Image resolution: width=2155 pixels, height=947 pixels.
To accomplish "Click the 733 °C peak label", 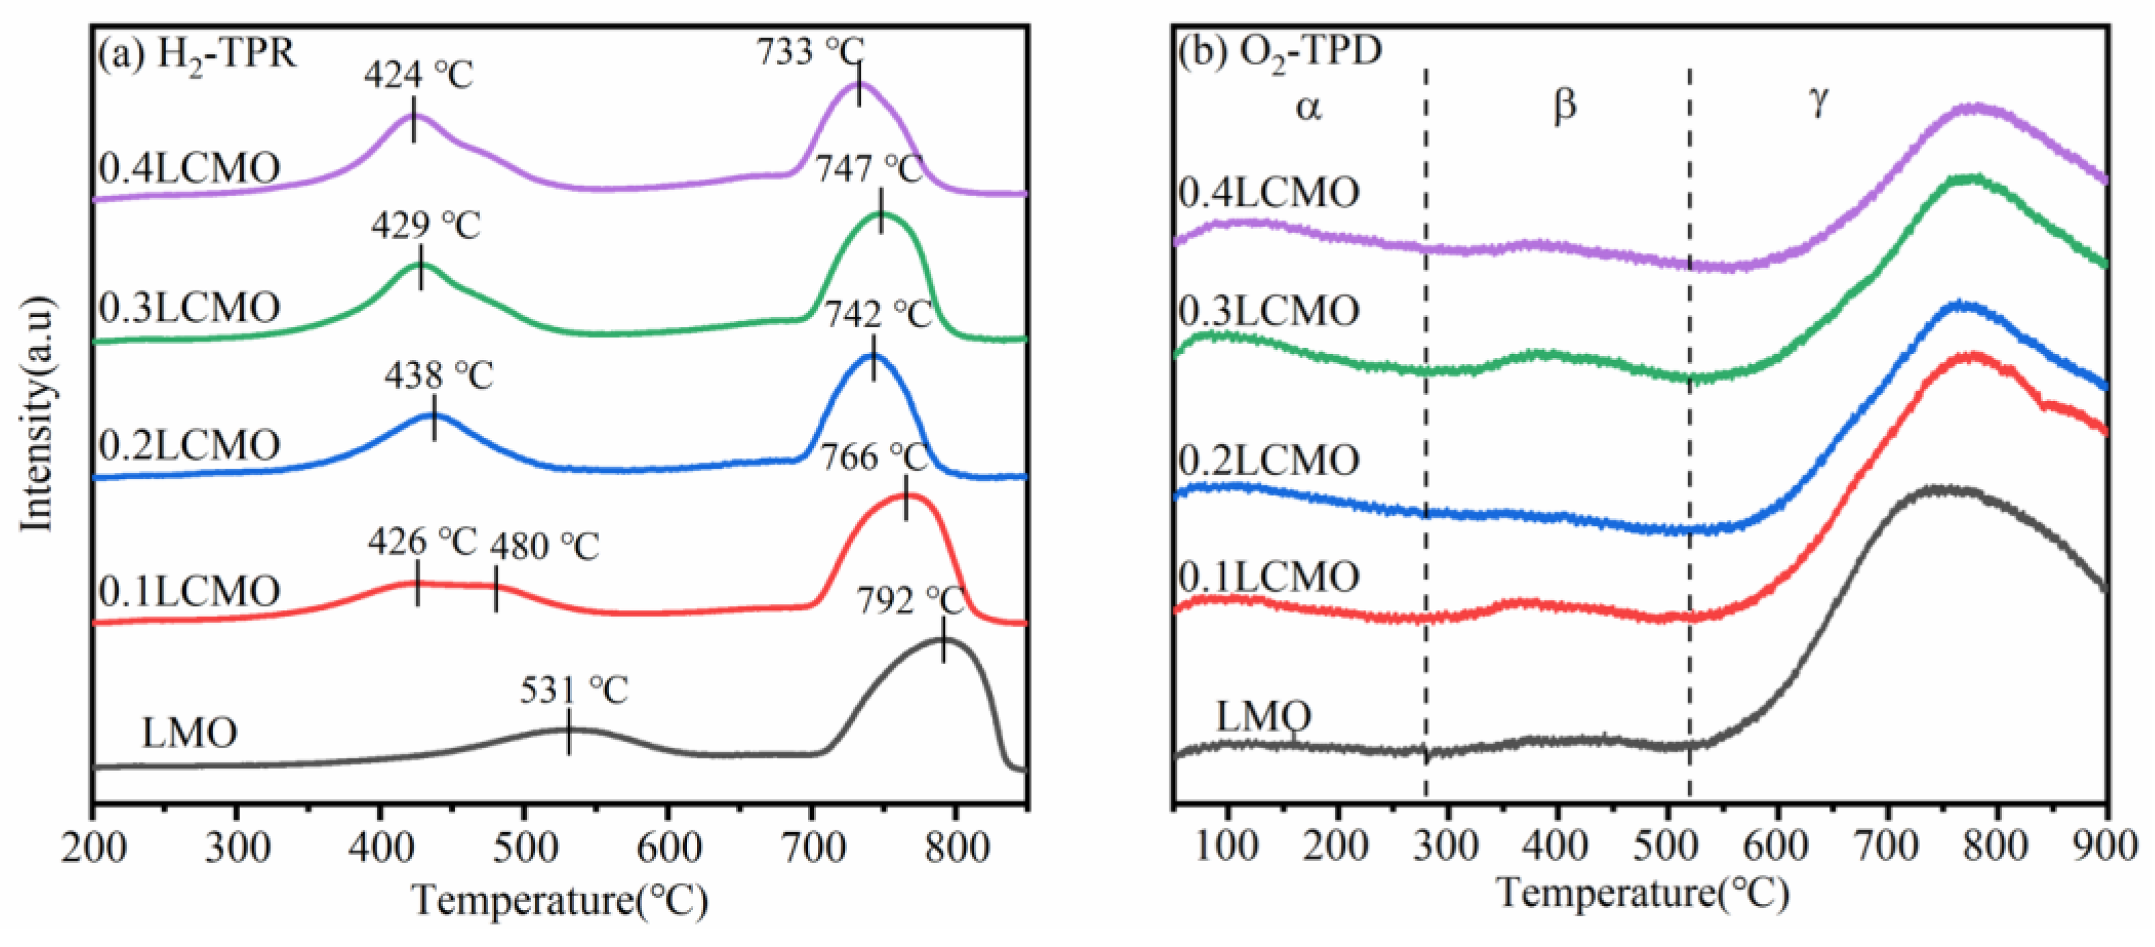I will coord(810,52).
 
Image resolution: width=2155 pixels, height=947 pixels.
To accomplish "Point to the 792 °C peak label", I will coord(910,601).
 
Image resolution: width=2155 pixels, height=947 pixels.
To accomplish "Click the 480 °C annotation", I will coord(545,547).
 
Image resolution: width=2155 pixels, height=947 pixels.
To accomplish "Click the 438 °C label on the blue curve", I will coord(439,376).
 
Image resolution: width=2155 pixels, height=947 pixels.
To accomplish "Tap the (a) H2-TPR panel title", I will coord(198,55).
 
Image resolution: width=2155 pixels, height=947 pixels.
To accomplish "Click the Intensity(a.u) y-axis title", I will coord(38,413).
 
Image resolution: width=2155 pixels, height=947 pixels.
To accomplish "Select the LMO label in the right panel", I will coord(1262,717).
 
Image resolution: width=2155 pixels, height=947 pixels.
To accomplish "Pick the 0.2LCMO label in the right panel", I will coord(1269,460).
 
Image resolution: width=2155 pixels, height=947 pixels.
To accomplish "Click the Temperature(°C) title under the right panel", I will coord(1641,894).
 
